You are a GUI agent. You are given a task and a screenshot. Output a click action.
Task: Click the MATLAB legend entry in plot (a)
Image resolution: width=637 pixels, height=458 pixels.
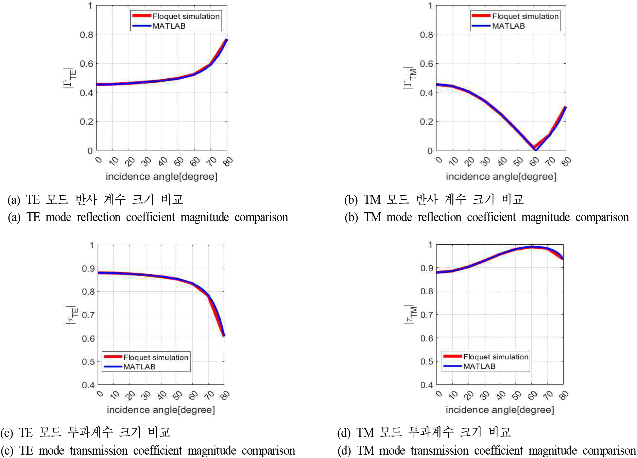(169, 26)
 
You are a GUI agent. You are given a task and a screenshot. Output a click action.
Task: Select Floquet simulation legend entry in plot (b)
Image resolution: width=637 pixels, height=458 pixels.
(525, 16)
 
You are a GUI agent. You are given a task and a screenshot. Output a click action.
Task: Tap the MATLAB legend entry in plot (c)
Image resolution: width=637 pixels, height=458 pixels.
(139, 367)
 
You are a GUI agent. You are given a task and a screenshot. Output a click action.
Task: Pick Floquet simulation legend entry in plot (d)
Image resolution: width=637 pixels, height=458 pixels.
(496, 357)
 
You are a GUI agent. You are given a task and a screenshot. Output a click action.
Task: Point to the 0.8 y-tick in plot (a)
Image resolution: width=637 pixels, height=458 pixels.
(86, 35)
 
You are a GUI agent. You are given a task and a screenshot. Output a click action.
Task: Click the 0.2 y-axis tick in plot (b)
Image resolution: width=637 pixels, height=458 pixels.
(426, 122)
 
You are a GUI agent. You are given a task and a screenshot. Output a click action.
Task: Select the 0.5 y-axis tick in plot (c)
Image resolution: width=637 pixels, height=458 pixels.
(88, 361)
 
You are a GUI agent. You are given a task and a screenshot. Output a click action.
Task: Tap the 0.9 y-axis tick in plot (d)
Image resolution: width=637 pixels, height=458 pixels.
(427, 268)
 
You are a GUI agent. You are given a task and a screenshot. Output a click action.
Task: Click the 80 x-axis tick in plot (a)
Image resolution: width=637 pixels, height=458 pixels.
(228, 161)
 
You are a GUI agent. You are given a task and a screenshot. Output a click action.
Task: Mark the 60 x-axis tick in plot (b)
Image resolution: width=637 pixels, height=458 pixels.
(534, 161)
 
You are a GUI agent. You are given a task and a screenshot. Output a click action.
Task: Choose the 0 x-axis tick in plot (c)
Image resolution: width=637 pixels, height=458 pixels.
(100, 394)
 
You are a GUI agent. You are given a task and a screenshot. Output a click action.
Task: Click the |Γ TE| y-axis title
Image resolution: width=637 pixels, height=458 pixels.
(70, 78)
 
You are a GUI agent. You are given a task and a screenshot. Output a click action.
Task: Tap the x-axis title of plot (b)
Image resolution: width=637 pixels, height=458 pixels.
(501, 177)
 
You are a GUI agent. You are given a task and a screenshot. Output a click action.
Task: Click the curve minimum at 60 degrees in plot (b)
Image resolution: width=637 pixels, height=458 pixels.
(535, 149)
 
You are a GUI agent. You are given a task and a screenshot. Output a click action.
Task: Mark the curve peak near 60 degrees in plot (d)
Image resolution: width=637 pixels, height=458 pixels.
(532, 247)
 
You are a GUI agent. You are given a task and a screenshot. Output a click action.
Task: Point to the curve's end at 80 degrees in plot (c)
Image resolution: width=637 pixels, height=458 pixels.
(224, 336)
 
